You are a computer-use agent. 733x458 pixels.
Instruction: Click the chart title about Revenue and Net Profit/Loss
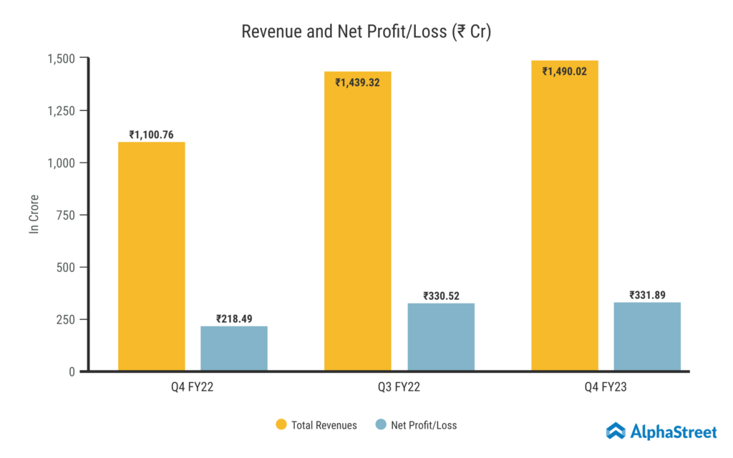coord(366,32)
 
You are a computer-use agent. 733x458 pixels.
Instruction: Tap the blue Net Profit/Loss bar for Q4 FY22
coord(233,349)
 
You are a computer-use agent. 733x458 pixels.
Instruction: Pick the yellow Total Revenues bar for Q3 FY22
coord(358,221)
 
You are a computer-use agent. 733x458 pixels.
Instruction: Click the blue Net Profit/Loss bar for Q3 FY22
coord(441,337)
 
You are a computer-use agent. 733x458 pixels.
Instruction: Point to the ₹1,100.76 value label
coord(151,134)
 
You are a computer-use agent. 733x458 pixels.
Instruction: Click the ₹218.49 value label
coord(233,318)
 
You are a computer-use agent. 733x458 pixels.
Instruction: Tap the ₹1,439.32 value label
coord(358,82)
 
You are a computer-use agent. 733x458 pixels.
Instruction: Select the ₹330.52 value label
coord(441,295)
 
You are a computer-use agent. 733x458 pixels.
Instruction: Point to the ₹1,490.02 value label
coord(565,72)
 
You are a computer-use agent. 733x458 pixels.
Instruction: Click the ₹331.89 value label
coord(647,294)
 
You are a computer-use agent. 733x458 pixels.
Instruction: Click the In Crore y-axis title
coord(34,214)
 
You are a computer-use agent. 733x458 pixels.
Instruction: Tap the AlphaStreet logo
coord(661,431)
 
